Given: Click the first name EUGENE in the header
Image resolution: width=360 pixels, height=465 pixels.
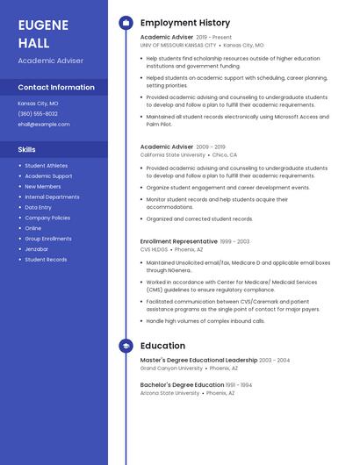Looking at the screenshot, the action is coord(42,24).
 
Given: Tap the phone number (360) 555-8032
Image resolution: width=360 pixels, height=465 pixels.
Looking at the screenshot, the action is coord(38,114).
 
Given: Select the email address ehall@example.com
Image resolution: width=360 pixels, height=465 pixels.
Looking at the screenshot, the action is coord(44,125).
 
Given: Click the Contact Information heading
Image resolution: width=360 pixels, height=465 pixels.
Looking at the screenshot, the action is coord(56,88).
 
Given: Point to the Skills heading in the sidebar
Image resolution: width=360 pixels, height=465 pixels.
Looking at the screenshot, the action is coord(27,150).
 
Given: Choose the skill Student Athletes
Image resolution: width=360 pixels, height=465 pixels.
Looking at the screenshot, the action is coord(46,166).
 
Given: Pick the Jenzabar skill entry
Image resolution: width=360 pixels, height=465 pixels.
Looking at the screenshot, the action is coord(38,249).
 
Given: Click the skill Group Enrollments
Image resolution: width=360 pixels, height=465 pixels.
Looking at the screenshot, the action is coord(48,239).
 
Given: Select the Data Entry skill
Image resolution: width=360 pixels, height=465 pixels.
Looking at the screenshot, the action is coord(38,207).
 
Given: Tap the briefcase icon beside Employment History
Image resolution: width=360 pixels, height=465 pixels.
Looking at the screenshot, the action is coord(126,23).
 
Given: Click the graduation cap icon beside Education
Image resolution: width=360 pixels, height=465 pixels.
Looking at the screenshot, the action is coord(126,346).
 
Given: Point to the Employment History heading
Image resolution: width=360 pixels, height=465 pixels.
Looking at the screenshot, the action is coord(185,23).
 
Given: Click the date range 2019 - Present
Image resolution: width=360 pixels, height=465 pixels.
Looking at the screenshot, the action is coord(214,38).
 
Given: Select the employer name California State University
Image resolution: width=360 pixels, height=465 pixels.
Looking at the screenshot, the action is coord(173,154).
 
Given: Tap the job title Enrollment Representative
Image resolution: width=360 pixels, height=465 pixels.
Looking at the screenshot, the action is coord(179,241).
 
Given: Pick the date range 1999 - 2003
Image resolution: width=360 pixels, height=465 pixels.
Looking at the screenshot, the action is coord(235,241).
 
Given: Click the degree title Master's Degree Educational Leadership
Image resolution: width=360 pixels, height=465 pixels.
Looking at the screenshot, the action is coord(198,360).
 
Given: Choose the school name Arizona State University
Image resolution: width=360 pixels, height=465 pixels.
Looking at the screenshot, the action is coord(170,393).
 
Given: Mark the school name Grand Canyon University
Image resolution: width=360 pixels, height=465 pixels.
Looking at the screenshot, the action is coord(170,368).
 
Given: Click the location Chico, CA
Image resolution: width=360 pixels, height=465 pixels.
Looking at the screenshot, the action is coord(225,154).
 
